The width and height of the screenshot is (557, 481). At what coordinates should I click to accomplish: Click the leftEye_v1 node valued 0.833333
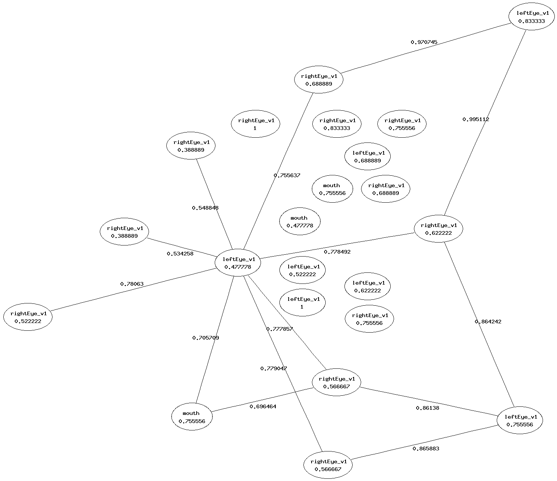531,17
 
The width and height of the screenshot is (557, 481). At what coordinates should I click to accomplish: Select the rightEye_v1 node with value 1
255,124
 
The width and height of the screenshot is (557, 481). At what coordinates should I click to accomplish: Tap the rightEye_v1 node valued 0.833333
337,124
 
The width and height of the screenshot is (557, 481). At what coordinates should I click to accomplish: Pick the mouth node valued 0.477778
300,221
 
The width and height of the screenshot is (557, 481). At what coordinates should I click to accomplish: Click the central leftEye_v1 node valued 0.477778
238,263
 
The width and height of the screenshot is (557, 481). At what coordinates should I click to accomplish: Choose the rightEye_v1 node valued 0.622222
438,229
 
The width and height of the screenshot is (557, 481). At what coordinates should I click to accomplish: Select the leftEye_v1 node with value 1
302,303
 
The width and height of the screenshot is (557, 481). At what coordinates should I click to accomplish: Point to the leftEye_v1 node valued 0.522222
302,270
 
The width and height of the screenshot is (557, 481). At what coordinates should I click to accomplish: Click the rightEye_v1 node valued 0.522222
28,317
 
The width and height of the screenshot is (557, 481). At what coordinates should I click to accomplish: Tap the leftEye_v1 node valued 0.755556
520,420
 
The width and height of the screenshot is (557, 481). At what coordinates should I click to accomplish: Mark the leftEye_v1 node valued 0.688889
367,157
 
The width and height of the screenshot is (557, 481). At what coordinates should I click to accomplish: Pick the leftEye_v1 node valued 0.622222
367,286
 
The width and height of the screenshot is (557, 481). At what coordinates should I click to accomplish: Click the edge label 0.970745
424,42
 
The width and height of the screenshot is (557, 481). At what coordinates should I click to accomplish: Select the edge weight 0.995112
476,119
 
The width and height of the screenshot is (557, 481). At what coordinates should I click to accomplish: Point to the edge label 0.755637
287,175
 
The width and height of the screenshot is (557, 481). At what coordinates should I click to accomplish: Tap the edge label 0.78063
132,284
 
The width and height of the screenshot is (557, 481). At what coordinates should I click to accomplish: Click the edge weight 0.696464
263,406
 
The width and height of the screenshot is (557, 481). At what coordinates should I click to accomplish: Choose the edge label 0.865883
426,449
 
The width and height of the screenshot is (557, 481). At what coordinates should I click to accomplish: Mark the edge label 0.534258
180,254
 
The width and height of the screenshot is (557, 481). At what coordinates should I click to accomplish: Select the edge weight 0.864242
488,322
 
